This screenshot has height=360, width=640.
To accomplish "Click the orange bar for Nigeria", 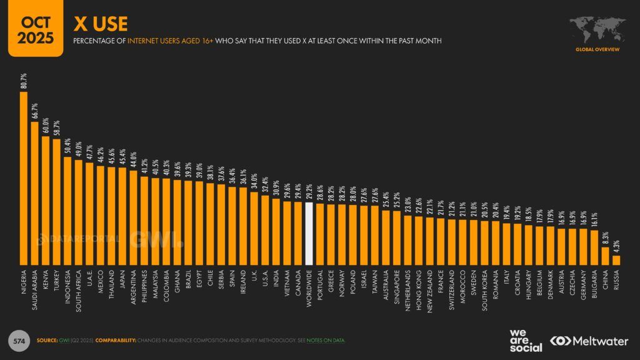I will click(24, 178).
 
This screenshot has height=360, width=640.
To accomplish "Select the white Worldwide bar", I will click(309, 233).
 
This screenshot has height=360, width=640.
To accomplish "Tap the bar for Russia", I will click(616, 259).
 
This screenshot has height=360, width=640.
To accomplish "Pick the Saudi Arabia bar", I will click(35, 192).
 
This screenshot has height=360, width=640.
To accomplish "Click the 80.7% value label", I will click(24, 81).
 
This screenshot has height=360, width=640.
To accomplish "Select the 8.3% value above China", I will click(605, 237).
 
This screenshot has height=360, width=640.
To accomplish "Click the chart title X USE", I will click(101, 24).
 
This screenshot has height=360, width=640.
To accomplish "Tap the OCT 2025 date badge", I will click(34, 28).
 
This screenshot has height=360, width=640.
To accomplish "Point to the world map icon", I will click(597, 28).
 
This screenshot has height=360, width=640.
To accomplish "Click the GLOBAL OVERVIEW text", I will click(597, 48).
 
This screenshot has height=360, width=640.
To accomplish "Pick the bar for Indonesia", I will click(67, 210).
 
